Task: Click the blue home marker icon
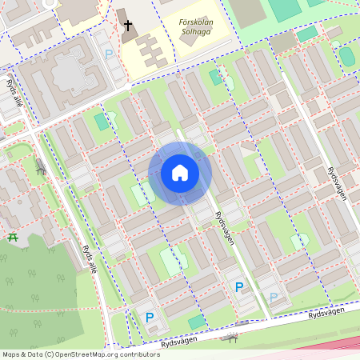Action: pyautogui.click(x=180, y=173)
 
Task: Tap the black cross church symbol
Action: pyautogui.click(x=127, y=26)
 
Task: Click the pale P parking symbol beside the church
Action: pyautogui.click(x=109, y=54)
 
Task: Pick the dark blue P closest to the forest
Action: pyautogui.click(x=149, y=318)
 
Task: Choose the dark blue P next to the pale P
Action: pyautogui.click(x=238, y=286)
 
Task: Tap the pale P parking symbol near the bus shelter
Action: pyautogui.click(x=274, y=298)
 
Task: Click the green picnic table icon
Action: pyautogui.click(x=12, y=238)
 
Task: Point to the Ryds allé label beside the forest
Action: pyautogui.click(x=90, y=258)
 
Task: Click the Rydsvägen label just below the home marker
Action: pyautogui.click(x=224, y=227)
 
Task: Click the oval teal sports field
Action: pyautogui.click(x=347, y=56)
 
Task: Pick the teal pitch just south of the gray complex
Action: pyautogui.click(x=101, y=121)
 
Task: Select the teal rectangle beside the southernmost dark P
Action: pyautogui.click(x=196, y=322)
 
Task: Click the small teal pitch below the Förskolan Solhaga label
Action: pyautogui.click(x=215, y=78)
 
